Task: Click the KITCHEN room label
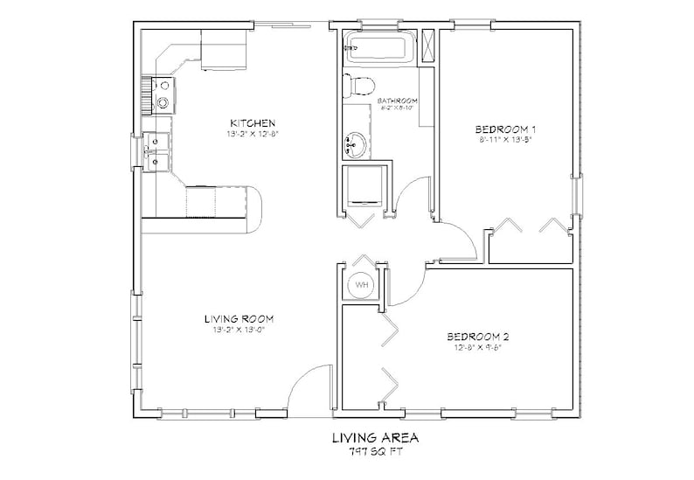253,122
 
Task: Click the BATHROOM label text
397,101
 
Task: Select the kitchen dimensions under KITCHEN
253,135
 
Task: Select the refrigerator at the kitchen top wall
226,51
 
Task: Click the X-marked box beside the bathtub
427,47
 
